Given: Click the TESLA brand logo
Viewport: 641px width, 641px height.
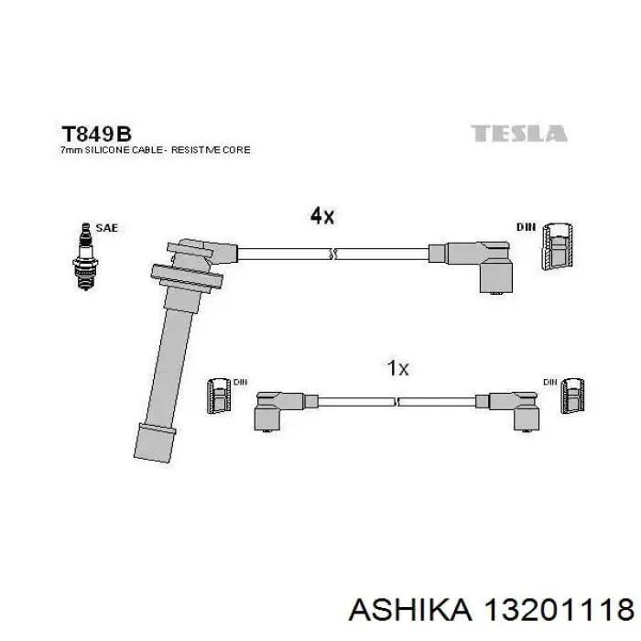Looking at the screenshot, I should tap(519, 134).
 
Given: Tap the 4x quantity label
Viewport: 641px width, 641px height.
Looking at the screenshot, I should tap(322, 216).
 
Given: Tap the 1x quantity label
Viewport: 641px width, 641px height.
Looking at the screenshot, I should tap(397, 368).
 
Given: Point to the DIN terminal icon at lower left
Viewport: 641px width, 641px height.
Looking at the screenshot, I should tap(221, 395).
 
